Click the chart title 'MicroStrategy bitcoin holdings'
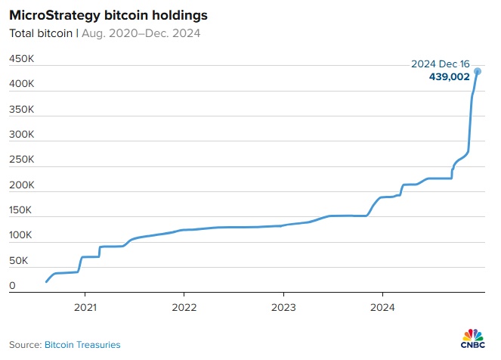coord(110,14)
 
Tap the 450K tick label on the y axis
coord(21,59)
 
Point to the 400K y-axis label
coord(21,85)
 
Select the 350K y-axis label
coord(21,110)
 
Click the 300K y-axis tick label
coord(21,135)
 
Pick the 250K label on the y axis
coord(21,160)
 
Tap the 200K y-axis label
coord(21,185)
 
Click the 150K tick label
coord(21,210)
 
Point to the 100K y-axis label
coord(21,235)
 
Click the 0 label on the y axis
coord(12,286)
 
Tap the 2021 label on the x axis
coord(85,308)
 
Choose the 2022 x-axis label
coord(184,308)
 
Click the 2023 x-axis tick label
coord(283,308)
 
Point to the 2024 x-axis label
coord(382,308)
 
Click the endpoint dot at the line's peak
coord(478,72)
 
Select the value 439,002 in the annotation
coord(449,76)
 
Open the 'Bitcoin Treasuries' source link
coord(83,345)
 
